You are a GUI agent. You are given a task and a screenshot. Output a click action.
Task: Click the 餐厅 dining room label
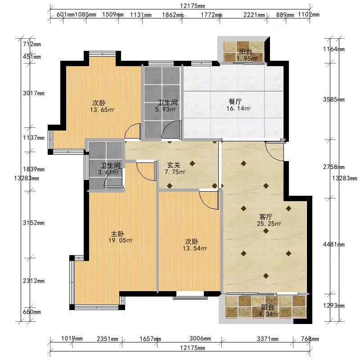pyautogui.click(x=235, y=101)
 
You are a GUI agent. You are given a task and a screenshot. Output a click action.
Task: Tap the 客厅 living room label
pyautogui.click(x=265, y=216)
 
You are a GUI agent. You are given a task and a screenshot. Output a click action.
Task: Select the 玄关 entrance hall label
pyautogui.click(x=174, y=165)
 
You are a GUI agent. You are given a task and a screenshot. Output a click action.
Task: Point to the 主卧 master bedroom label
pyautogui.click(x=117, y=234)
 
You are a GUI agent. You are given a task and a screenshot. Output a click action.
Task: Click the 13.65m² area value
pyautogui.click(x=102, y=110)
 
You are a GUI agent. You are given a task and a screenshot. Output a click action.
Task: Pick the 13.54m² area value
pyautogui.click(x=195, y=248)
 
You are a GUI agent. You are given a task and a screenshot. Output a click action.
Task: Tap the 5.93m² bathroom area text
pyautogui.click(x=166, y=109)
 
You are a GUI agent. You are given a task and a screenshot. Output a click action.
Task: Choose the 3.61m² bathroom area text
pyautogui.click(x=108, y=172)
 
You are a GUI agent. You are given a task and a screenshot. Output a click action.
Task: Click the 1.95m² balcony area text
pyautogui.click(x=247, y=58)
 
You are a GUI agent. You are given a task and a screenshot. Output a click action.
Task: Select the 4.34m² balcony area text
pyautogui.click(x=269, y=314)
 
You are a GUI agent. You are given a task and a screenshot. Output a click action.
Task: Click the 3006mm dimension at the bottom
pyautogui.click(x=200, y=338)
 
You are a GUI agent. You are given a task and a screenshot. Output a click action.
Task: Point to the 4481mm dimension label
pyautogui.click(x=334, y=244)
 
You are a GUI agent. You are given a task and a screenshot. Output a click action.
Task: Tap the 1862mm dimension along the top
pyautogui.click(x=173, y=15)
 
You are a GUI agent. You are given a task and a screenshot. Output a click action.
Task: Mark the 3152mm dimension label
pyautogui.click(x=34, y=222)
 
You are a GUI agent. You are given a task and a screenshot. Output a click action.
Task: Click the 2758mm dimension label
pyautogui.click(x=334, y=167)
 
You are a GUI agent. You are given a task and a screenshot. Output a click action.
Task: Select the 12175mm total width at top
pyautogui.click(x=193, y=6)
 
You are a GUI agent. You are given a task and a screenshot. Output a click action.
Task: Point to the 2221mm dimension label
pyautogui.click(x=254, y=15)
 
